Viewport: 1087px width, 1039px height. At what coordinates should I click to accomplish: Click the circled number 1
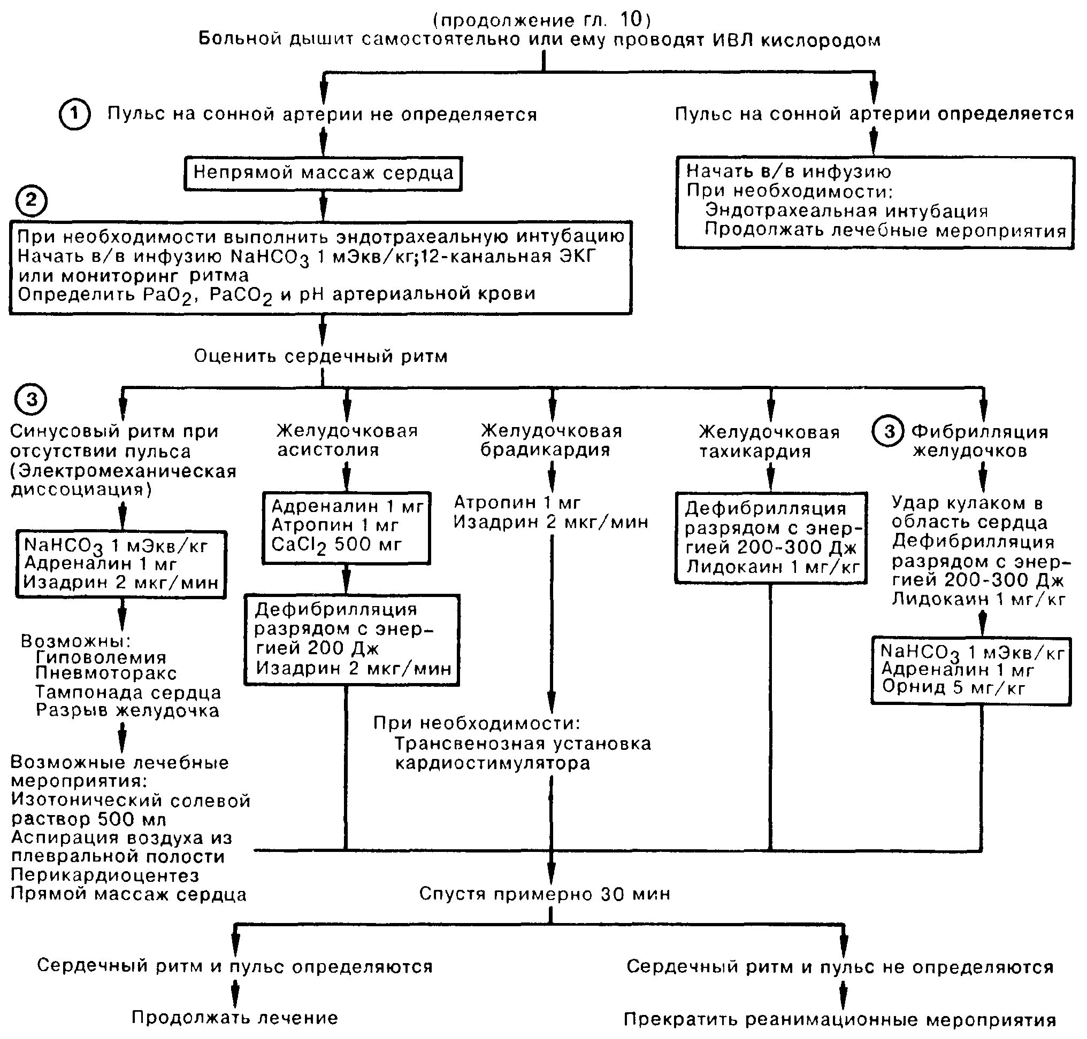click(74, 115)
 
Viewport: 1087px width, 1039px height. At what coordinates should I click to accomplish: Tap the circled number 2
click(31, 200)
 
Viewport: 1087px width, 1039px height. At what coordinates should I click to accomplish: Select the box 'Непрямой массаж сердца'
click(323, 173)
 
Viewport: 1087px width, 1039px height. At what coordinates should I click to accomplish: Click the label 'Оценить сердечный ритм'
click(321, 356)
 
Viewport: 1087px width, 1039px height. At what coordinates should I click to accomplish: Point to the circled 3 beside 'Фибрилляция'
click(889, 431)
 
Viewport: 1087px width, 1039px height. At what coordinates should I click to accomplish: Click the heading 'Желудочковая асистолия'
click(347, 440)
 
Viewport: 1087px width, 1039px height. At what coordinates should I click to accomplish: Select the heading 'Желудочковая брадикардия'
click(551, 440)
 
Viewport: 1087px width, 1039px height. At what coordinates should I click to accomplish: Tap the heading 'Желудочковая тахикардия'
click(769, 441)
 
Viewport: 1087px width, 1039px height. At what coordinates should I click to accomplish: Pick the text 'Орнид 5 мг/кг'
click(953, 688)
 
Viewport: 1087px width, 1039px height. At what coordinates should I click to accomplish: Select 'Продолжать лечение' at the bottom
click(234, 1018)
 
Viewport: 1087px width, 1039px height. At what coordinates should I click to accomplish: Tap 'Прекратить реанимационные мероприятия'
click(840, 1019)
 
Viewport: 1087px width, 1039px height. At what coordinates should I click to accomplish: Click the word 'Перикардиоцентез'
click(105, 875)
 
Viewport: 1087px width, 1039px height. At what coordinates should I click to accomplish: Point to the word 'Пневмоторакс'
click(106, 673)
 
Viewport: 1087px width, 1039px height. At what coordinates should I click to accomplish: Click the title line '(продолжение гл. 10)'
click(542, 20)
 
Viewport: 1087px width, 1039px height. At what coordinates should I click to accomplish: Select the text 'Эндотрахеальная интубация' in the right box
click(846, 211)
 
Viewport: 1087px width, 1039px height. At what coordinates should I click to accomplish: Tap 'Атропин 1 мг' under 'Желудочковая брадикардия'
click(517, 502)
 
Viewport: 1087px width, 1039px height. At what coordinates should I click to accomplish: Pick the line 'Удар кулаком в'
click(967, 503)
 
